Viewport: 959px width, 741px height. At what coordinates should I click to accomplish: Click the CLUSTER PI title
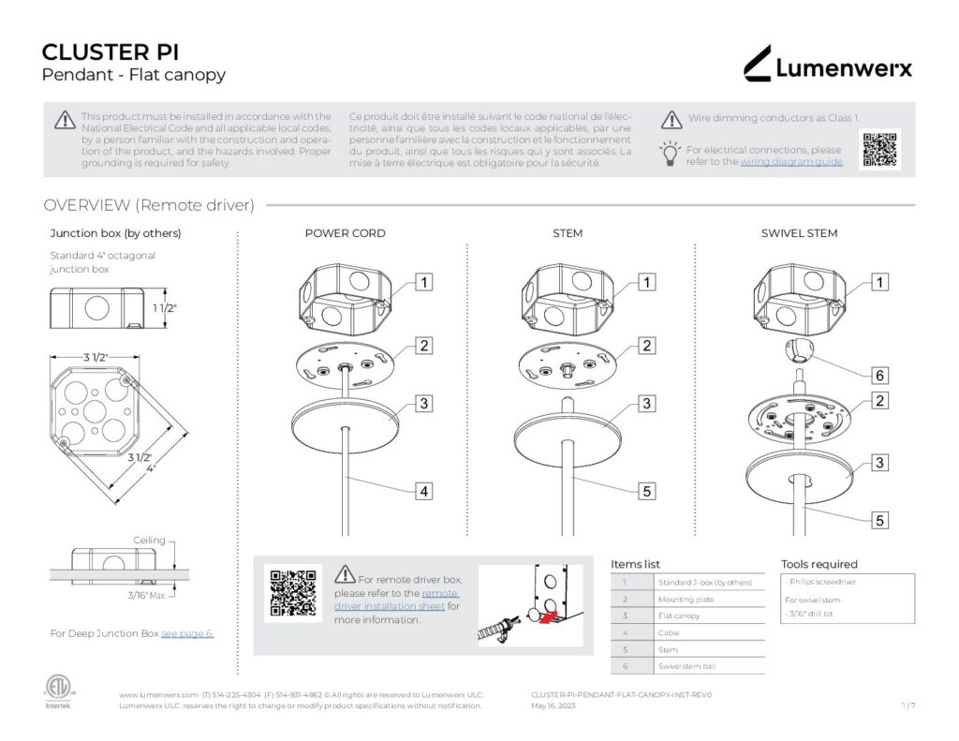pyautogui.click(x=111, y=52)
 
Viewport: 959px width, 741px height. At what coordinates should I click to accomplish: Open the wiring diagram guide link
pyautogui.click(x=791, y=162)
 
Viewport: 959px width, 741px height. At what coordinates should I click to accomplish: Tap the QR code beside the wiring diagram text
pyautogui.click(x=879, y=150)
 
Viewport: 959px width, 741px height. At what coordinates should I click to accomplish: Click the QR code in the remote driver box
pyautogui.click(x=289, y=593)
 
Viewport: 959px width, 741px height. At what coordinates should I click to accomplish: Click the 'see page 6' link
pyautogui.click(x=187, y=634)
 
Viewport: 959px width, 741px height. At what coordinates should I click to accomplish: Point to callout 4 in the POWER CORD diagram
pyautogui.click(x=424, y=490)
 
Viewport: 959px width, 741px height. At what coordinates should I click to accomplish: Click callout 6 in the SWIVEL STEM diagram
pyautogui.click(x=879, y=376)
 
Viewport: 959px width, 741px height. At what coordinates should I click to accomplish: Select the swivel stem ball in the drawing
pyautogui.click(x=800, y=354)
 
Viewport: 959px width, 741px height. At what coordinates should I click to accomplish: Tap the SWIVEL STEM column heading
pyautogui.click(x=799, y=233)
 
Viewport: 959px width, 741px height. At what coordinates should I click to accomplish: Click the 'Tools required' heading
pyautogui.click(x=819, y=564)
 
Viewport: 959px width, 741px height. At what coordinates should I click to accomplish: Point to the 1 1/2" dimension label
pyautogui.click(x=165, y=307)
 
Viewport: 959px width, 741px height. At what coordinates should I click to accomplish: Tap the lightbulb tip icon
pyautogui.click(x=670, y=153)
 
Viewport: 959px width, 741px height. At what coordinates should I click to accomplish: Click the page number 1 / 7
pyautogui.click(x=907, y=705)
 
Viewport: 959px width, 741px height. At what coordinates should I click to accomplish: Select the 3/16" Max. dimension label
pyautogui.click(x=145, y=595)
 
